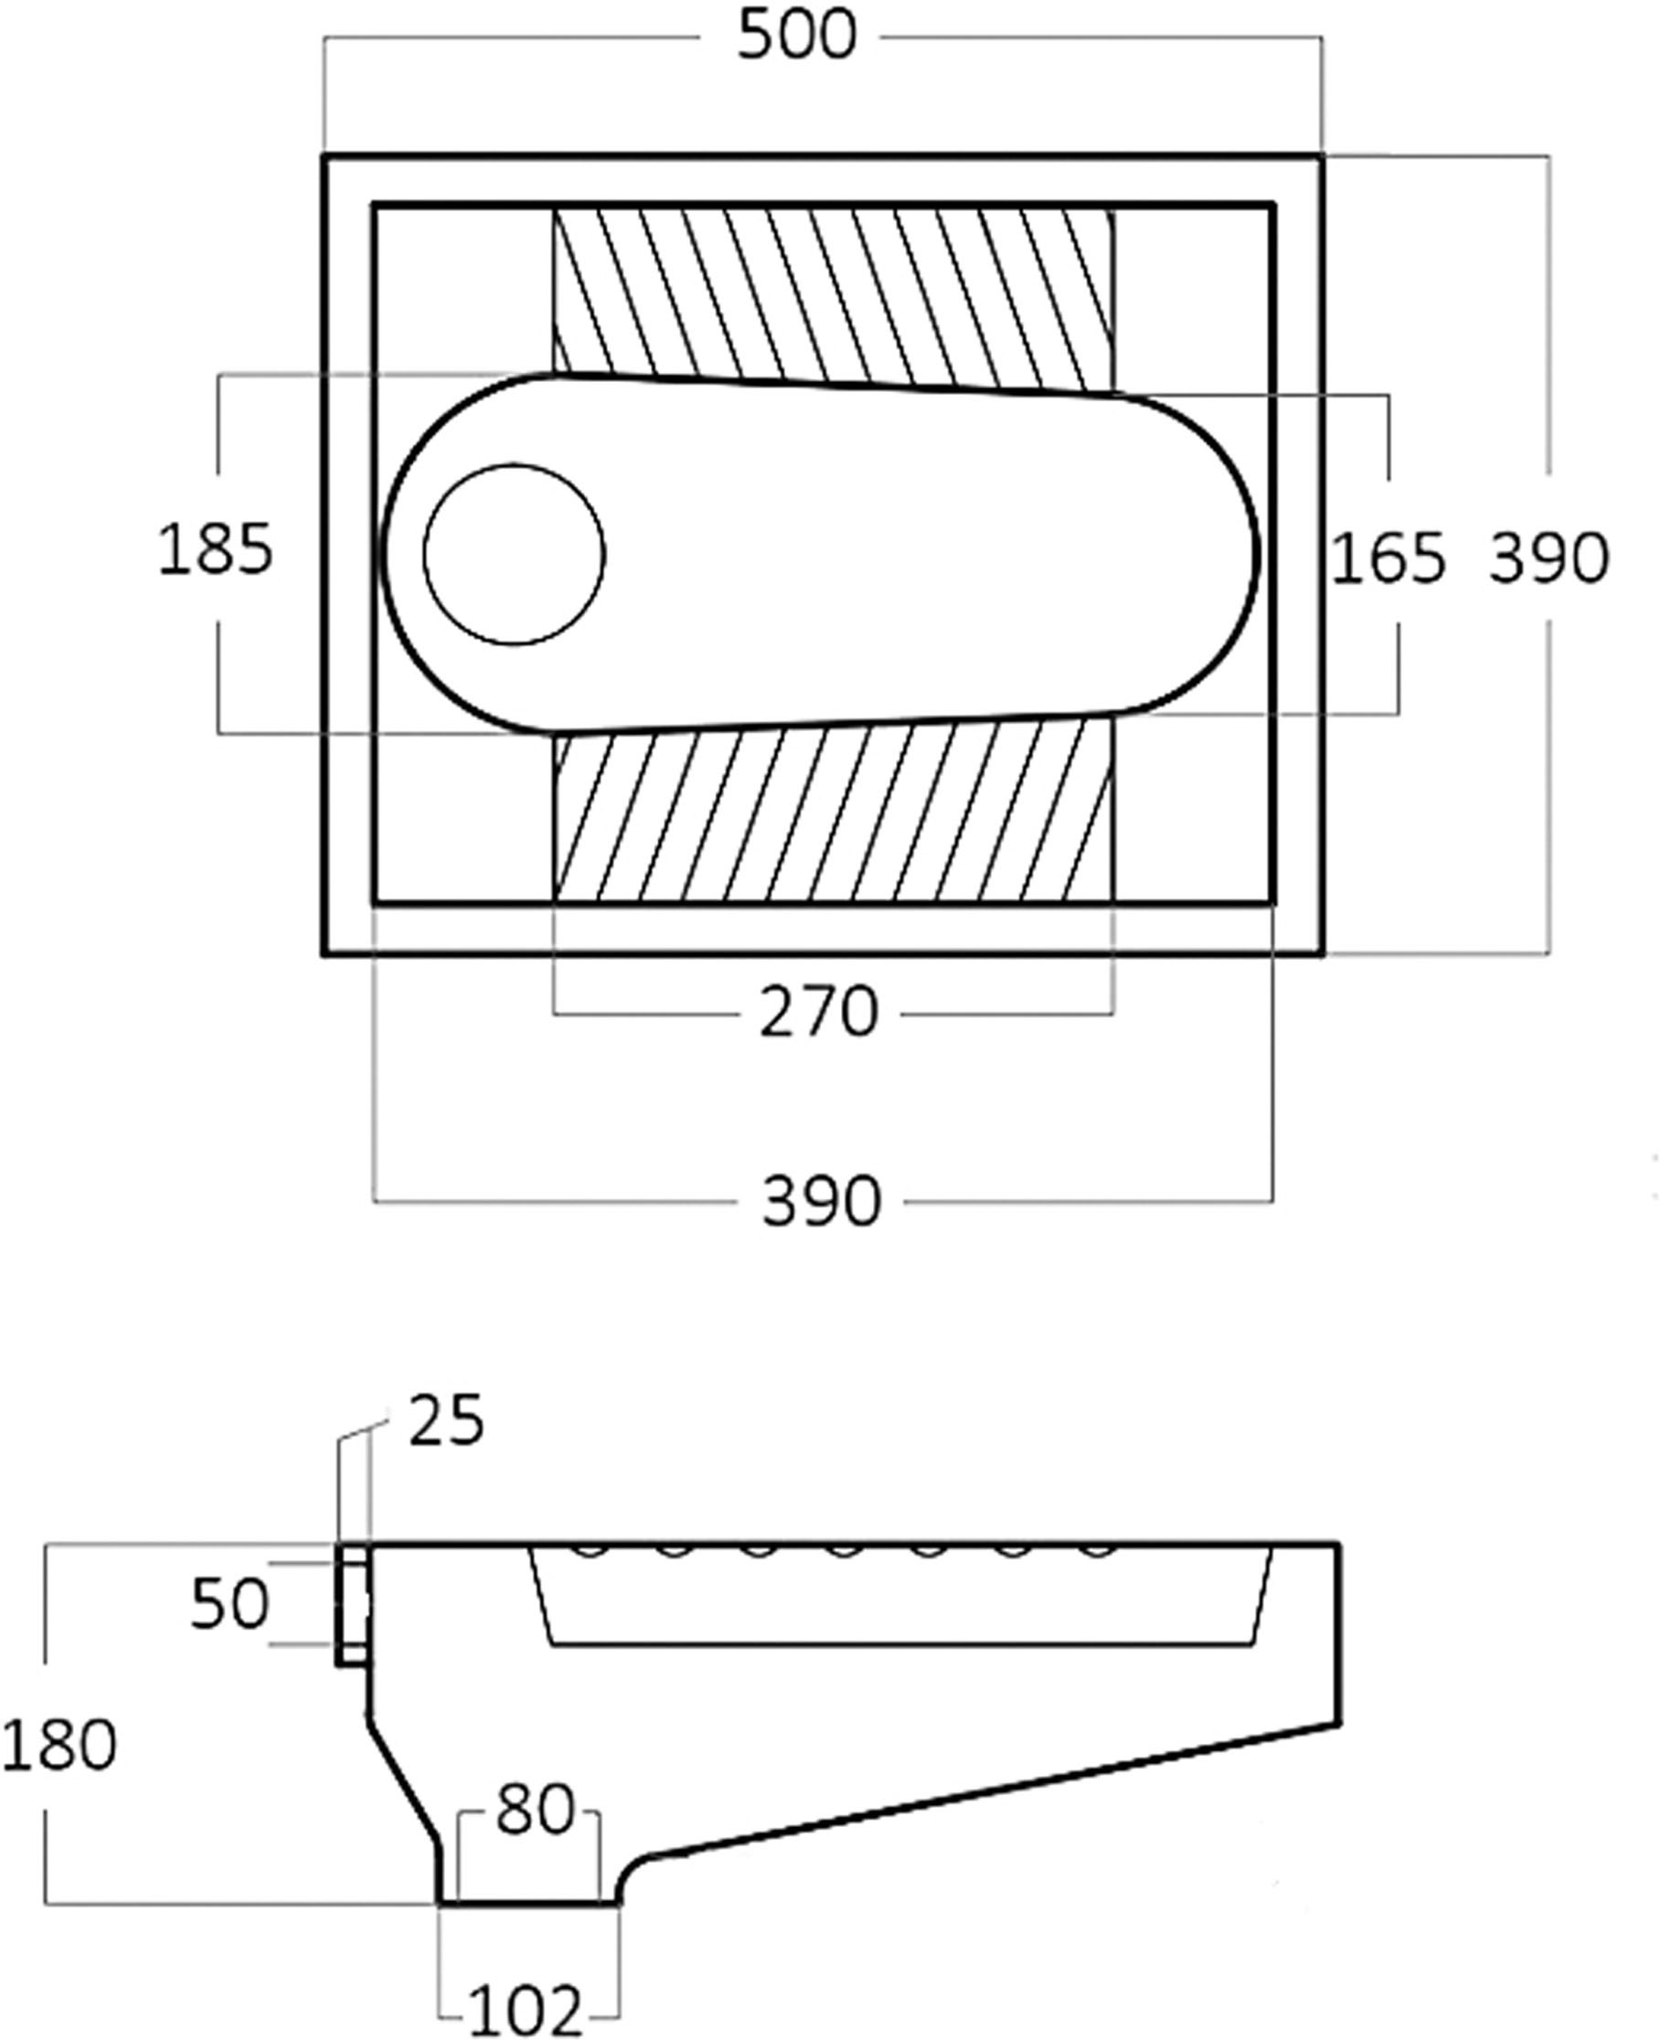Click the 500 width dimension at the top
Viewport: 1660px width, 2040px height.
[795, 38]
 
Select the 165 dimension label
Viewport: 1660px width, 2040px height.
[1388, 560]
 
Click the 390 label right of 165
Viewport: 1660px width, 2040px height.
[1548, 560]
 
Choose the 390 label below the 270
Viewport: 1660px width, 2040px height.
[821, 1202]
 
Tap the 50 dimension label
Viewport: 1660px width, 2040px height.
[229, 1604]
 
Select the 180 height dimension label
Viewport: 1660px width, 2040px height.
[59, 1745]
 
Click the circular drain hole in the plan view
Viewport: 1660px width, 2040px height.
[515, 555]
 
